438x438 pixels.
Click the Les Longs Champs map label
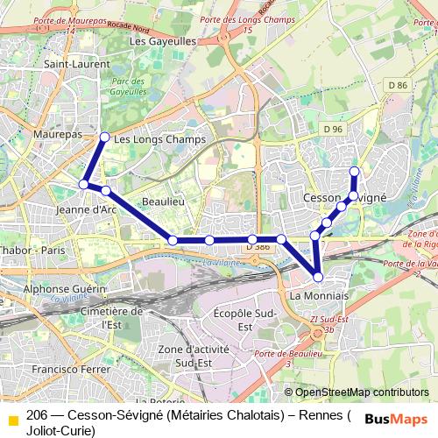(x=160, y=139)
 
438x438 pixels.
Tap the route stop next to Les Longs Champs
(x=105, y=137)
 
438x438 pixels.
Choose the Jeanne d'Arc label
(x=85, y=209)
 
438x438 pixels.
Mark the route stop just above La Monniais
(x=318, y=277)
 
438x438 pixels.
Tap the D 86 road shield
(x=398, y=85)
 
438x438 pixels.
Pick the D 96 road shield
(x=332, y=129)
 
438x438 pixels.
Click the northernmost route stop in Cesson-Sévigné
(x=354, y=171)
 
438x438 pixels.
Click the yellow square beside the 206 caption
(x=12, y=420)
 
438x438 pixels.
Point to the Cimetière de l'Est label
(x=110, y=317)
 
